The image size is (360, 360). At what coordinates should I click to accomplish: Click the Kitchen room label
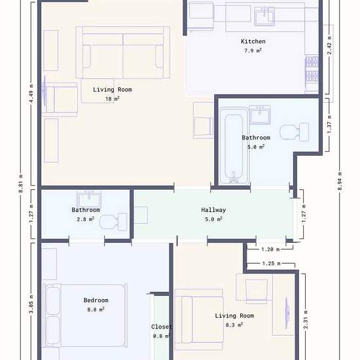coord(253,41)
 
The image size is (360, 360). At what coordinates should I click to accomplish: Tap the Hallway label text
coord(213,210)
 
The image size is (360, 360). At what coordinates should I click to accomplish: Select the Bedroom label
coord(96,300)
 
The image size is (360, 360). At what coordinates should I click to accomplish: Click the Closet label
coord(162,327)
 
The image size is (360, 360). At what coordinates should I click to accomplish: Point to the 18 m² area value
coord(113,99)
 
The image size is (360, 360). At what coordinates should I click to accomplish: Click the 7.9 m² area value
coord(253,50)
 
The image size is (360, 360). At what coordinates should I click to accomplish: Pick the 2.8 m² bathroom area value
coord(85,219)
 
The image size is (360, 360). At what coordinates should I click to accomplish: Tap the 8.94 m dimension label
coord(340,181)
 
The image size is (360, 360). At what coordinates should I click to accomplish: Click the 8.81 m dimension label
coord(21,183)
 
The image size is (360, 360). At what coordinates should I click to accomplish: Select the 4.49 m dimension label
coord(31,94)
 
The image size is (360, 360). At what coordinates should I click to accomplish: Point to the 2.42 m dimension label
coord(329,45)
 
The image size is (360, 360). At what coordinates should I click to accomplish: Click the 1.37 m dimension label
coord(329,124)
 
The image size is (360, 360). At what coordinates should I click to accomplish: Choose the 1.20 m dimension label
coord(270,249)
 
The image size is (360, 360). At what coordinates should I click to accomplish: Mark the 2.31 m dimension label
coord(306,319)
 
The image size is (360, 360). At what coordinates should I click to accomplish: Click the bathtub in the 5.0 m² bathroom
coord(234,146)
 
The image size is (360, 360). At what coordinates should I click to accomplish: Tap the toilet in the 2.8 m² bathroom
coord(113,222)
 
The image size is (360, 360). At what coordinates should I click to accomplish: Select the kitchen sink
coord(264,16)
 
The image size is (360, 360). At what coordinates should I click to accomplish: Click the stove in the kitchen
coord(312,69)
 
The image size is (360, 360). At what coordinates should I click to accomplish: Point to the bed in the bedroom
coord(85,315)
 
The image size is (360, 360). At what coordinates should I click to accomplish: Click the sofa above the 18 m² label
coord(123,52)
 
